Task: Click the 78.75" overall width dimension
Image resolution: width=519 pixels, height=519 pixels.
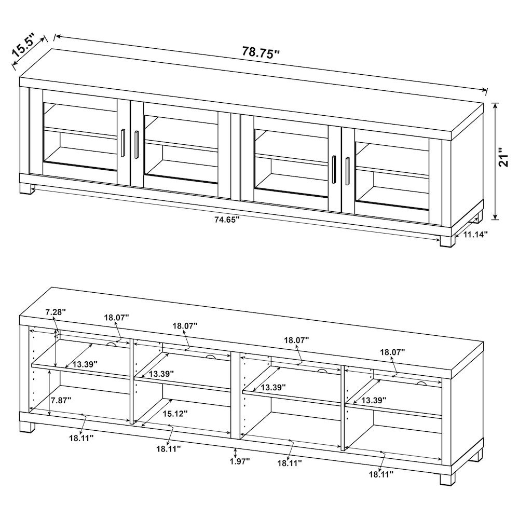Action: click(261, 52)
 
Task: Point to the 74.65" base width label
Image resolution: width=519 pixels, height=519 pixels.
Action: click(227, 220)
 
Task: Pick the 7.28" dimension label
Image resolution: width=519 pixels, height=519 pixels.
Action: click(56, 312)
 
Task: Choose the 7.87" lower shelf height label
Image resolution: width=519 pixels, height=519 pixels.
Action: click(61, 400)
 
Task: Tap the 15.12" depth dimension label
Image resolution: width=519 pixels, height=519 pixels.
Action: click(175, 414)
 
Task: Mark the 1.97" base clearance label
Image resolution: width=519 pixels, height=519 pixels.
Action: click(239, 461)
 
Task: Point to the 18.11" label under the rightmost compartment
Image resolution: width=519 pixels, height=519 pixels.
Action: click(381, 473)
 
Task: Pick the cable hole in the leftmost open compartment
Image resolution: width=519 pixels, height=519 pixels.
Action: click(111, 344)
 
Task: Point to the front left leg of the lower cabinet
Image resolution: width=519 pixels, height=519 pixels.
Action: click(28, 427)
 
